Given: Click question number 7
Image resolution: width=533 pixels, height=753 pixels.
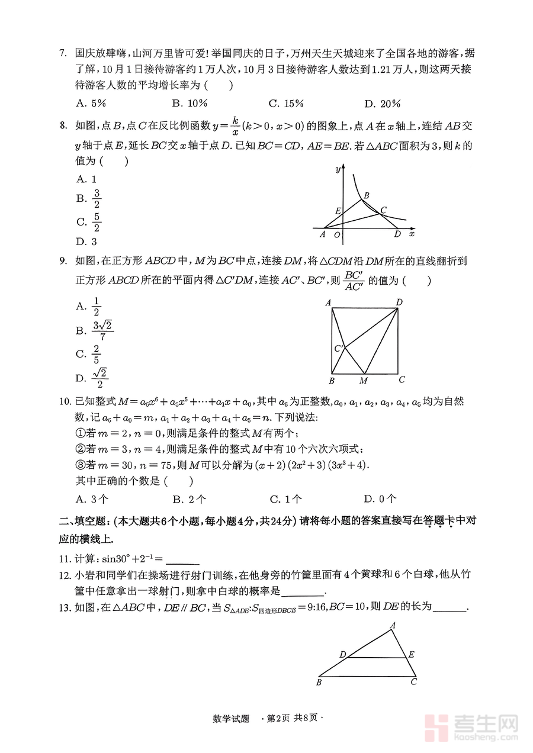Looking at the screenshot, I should [62, 53].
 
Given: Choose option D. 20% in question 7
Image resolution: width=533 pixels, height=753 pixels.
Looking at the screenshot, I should [382, 104].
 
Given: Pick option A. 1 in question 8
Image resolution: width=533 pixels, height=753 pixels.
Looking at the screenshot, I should [86, 179].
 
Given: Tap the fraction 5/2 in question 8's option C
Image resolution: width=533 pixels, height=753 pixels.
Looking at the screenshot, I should [97, 222].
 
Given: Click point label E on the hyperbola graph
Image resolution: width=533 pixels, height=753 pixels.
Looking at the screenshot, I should [338, 211].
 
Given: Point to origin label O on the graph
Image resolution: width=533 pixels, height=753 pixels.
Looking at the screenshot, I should [337, 235].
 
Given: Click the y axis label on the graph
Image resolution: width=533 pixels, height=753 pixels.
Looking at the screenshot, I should [337, 170].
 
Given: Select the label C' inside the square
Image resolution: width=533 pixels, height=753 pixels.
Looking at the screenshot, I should [338, 348].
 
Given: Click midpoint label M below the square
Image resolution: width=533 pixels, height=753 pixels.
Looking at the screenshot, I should [364, 381].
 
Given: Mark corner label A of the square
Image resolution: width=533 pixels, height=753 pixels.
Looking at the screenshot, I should [328, 303].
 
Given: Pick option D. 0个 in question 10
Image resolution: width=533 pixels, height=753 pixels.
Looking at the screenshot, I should [380, 499].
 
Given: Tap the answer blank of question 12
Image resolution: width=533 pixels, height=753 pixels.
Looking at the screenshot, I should [303, 591].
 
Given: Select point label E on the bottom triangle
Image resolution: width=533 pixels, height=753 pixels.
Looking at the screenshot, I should [412, 654].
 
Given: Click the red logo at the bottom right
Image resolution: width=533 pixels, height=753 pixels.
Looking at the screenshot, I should [438, 726].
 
